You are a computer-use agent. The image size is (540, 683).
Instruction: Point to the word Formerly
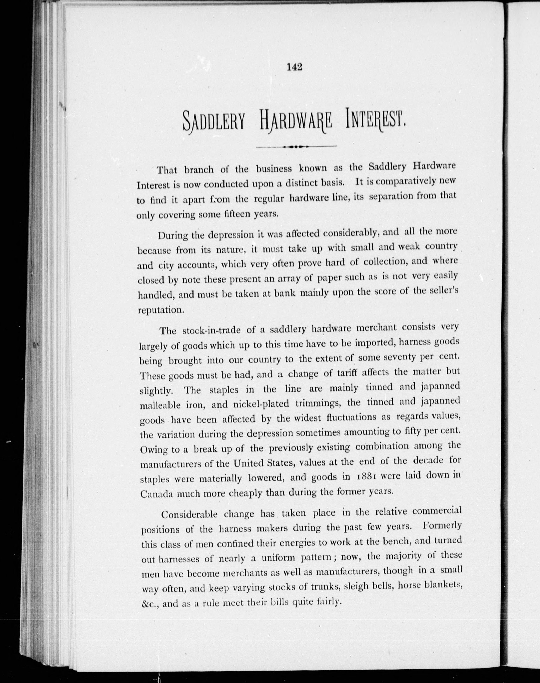coord(442,526)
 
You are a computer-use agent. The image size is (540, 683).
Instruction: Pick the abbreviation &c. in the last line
coord(149,604)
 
